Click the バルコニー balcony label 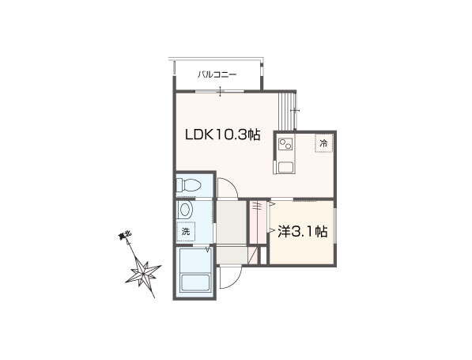(x=217, y=74)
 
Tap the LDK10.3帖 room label (x=222, y=135)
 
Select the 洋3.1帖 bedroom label (x=303, y=231)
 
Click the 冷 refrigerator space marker (x=323, y=143)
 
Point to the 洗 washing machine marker (x=186, y=232)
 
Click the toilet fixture (x=188, y=185)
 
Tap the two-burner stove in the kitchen (x=285, y=144)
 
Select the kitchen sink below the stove (x=285, y=167)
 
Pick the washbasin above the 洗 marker (x=185, y=210)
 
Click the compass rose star (x=143, y=273)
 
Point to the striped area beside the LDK (x=285, y=111)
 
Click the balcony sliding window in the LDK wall (x=220, y=91)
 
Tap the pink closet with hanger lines (x=259, y=222)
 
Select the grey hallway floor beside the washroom (x=232, y=222)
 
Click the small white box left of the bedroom (x=263, y=256)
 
